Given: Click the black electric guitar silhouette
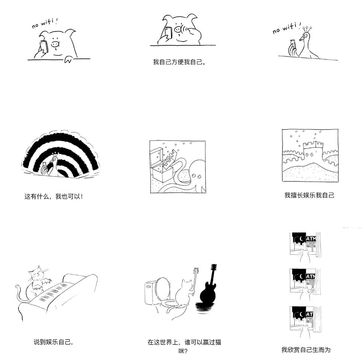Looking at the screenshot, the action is pos(209,291).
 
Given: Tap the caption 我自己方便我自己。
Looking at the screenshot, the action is pos(179,62).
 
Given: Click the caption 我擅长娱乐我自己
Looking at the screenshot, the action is pos(309,195).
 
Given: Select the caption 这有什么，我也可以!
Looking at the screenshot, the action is pos(53,196).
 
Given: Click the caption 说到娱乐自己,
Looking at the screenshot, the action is pos(53,342).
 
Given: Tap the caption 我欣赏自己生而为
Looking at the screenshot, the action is pos(306,350).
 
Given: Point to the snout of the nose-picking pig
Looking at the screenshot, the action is pos(178,29).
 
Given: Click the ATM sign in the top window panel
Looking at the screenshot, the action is pos(311,238).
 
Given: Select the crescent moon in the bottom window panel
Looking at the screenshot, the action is pos(301,314).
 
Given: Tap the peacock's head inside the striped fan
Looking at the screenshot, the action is pos(55,159).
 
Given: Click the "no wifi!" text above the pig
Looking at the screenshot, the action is pos(45,24).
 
